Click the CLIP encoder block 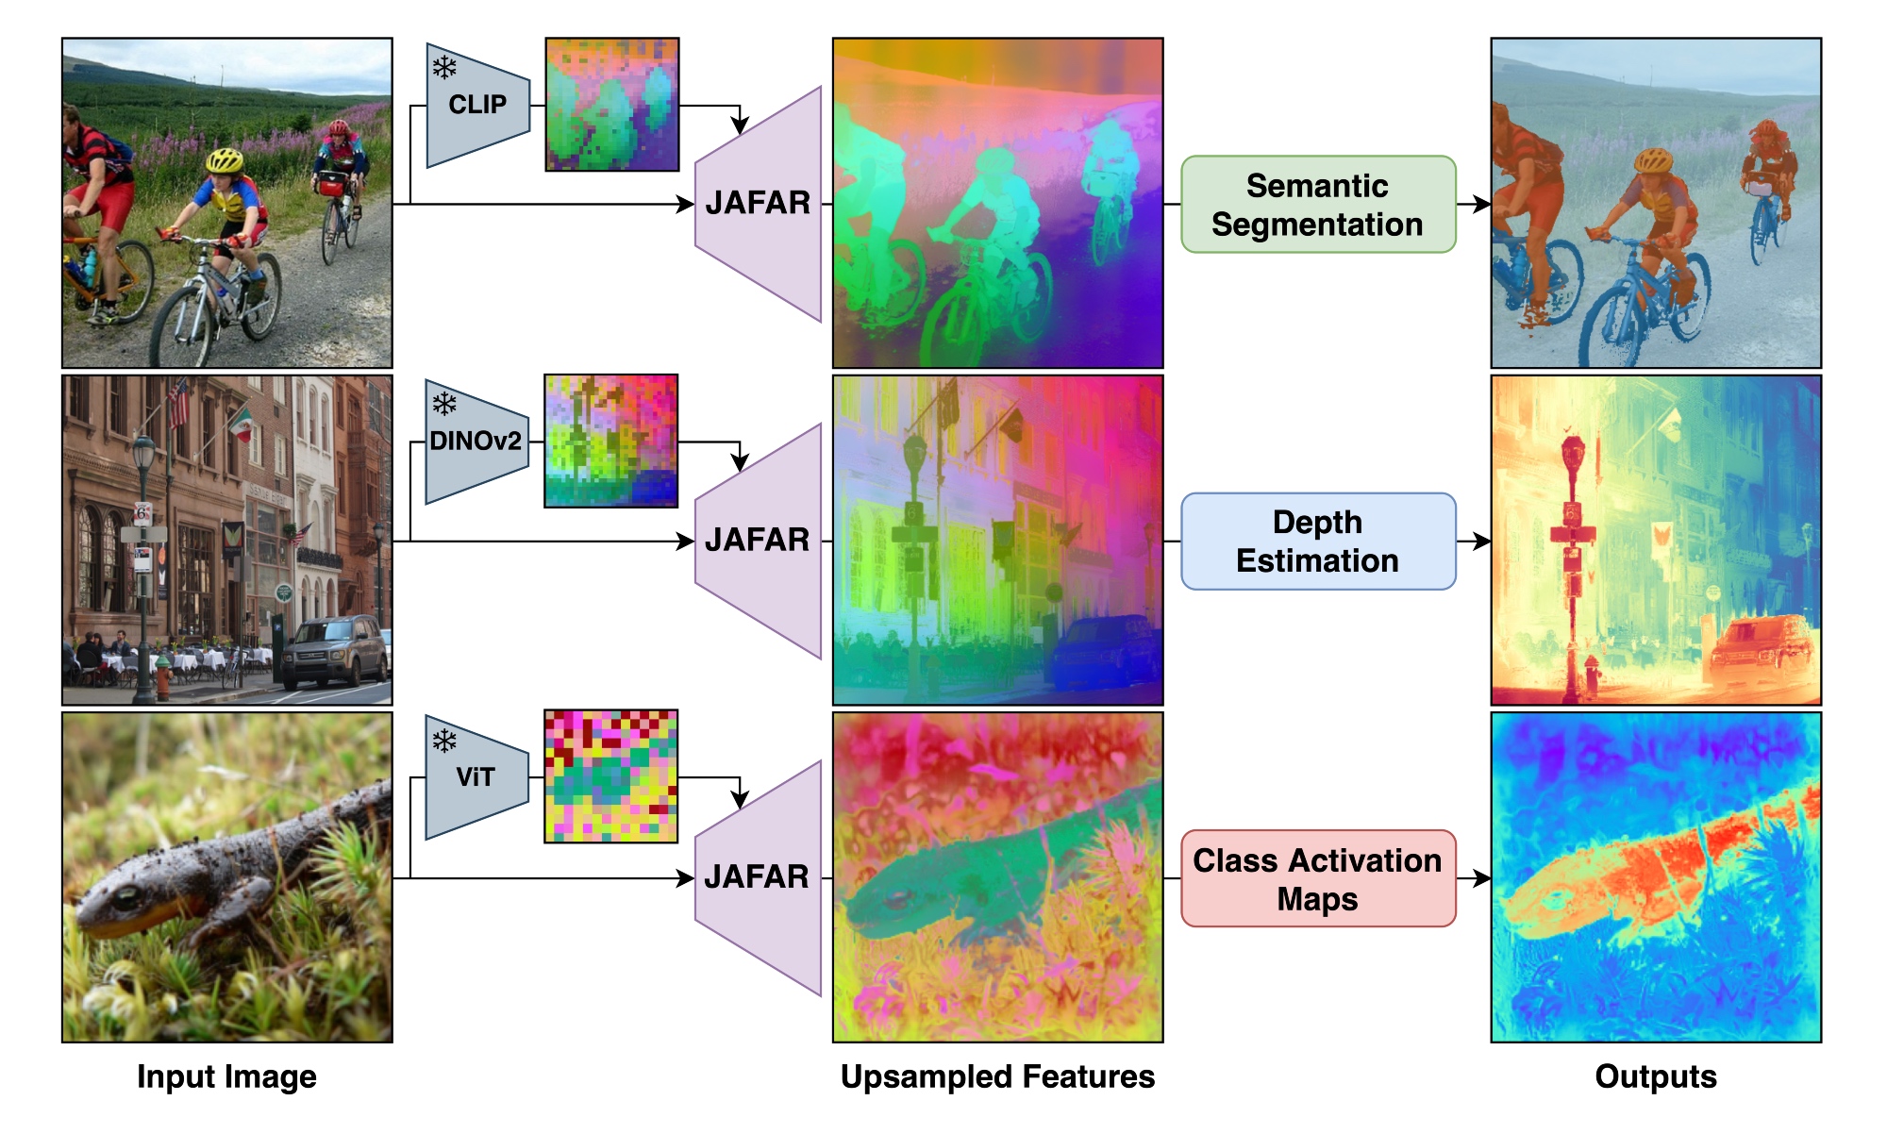coord(477,105)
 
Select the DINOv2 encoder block coord(476,442)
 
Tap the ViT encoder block coord(476,777)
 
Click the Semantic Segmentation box coord(1317,205)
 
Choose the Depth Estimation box coord(1317,542)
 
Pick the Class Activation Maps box coord(1317,878)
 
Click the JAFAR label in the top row coord(758,203)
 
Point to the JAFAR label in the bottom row coord(757,876)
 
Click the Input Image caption coord(226,1076)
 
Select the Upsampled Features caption coord(997,1076)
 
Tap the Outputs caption coord(1656,1076)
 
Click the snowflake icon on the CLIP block coord(444,67)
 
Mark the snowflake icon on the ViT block coord(444,741)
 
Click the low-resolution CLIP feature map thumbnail coord(612,105)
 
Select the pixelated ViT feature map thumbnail coord(611,776)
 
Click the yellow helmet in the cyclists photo coord(225,159)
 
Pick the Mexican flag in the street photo coord(241,425)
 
